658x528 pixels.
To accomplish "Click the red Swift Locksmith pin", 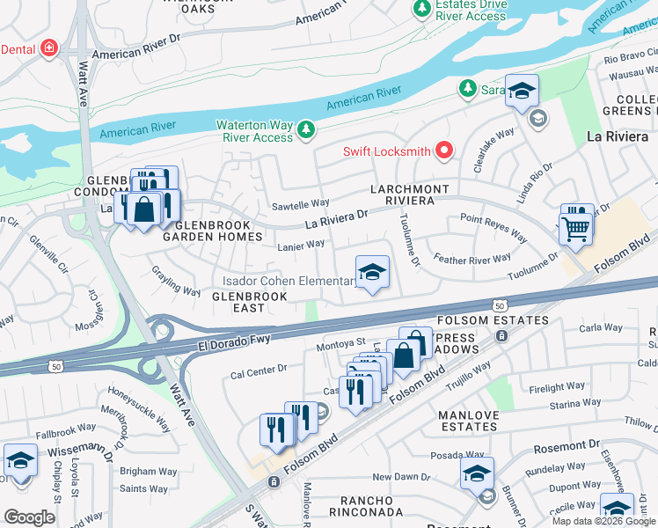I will (443, 151).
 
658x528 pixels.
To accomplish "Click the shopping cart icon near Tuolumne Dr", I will (575, 229).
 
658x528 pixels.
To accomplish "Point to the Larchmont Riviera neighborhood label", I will (410, 194).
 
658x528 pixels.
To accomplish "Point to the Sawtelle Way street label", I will (301, 203).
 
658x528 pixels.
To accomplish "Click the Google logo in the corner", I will (29, 517).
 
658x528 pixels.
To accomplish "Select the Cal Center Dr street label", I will (259, 370).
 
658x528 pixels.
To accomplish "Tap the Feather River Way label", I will (472, 259).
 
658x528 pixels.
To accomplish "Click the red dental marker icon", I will (49, 47).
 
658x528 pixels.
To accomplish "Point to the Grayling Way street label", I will (176, 281).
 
